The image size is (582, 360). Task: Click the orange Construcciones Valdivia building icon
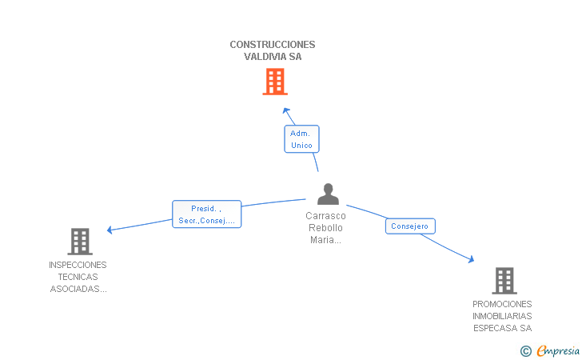click(x=274, y=82)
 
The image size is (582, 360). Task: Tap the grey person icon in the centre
click(x=328, y=194)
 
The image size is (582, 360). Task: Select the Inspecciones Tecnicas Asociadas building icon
click(x=79, y=241)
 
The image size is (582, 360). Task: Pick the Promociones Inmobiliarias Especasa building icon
click(x=504, y=281)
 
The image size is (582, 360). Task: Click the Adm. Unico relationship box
click(x=301, y=139)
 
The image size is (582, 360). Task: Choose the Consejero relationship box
click(x=409, y=226)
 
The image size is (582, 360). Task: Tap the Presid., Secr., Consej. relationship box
click(x=206, y=214)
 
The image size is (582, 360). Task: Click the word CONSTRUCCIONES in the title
click(x=273, y=45)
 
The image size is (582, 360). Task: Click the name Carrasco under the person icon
click(x=325, y=216)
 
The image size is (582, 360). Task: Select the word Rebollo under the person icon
click(x=325, y=228)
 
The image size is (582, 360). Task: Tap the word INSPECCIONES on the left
click(x=78, y=265)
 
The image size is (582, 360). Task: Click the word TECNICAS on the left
click(x=78, y=277)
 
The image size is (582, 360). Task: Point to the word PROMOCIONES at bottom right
click(x=502, y=304)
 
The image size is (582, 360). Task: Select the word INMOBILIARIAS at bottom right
click(x=502, y=316)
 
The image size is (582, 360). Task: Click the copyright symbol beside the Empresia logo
click(x=525, y=350)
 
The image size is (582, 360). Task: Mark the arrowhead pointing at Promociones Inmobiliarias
click(x=471, y=259)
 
